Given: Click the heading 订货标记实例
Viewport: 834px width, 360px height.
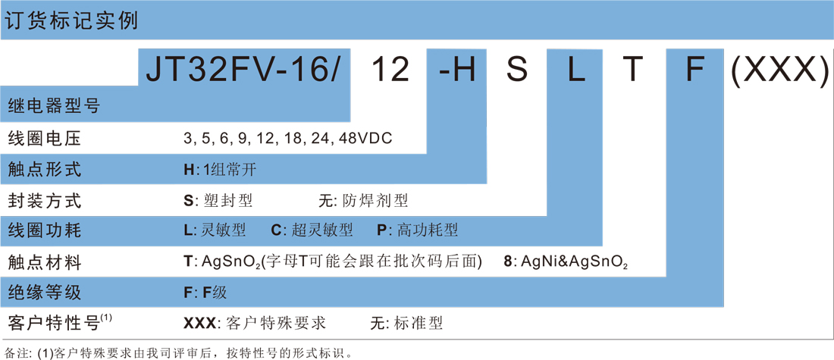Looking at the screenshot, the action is tap(71, 20).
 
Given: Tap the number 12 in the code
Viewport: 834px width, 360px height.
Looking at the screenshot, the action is tap(390, 69).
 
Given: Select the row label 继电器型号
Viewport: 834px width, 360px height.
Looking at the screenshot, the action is tap(55, 108).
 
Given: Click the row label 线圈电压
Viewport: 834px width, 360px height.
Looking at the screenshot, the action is tap(45, 139).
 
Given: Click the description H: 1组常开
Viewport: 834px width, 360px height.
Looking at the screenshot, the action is tap(222, 171).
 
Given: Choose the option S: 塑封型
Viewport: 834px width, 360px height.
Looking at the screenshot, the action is tap(218, 201).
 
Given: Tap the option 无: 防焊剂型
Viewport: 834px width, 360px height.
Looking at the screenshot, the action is tap(362, 201).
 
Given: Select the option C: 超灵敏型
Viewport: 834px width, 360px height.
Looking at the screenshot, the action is tap(312, 231).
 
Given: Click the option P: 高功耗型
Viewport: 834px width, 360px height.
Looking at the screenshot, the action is tap(418, 231).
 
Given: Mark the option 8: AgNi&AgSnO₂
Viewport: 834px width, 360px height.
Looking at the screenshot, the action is tap(565, 262).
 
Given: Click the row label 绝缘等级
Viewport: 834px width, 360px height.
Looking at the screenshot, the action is tap(45, 293).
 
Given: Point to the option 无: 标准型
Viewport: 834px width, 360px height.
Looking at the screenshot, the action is tap(407, 324).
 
